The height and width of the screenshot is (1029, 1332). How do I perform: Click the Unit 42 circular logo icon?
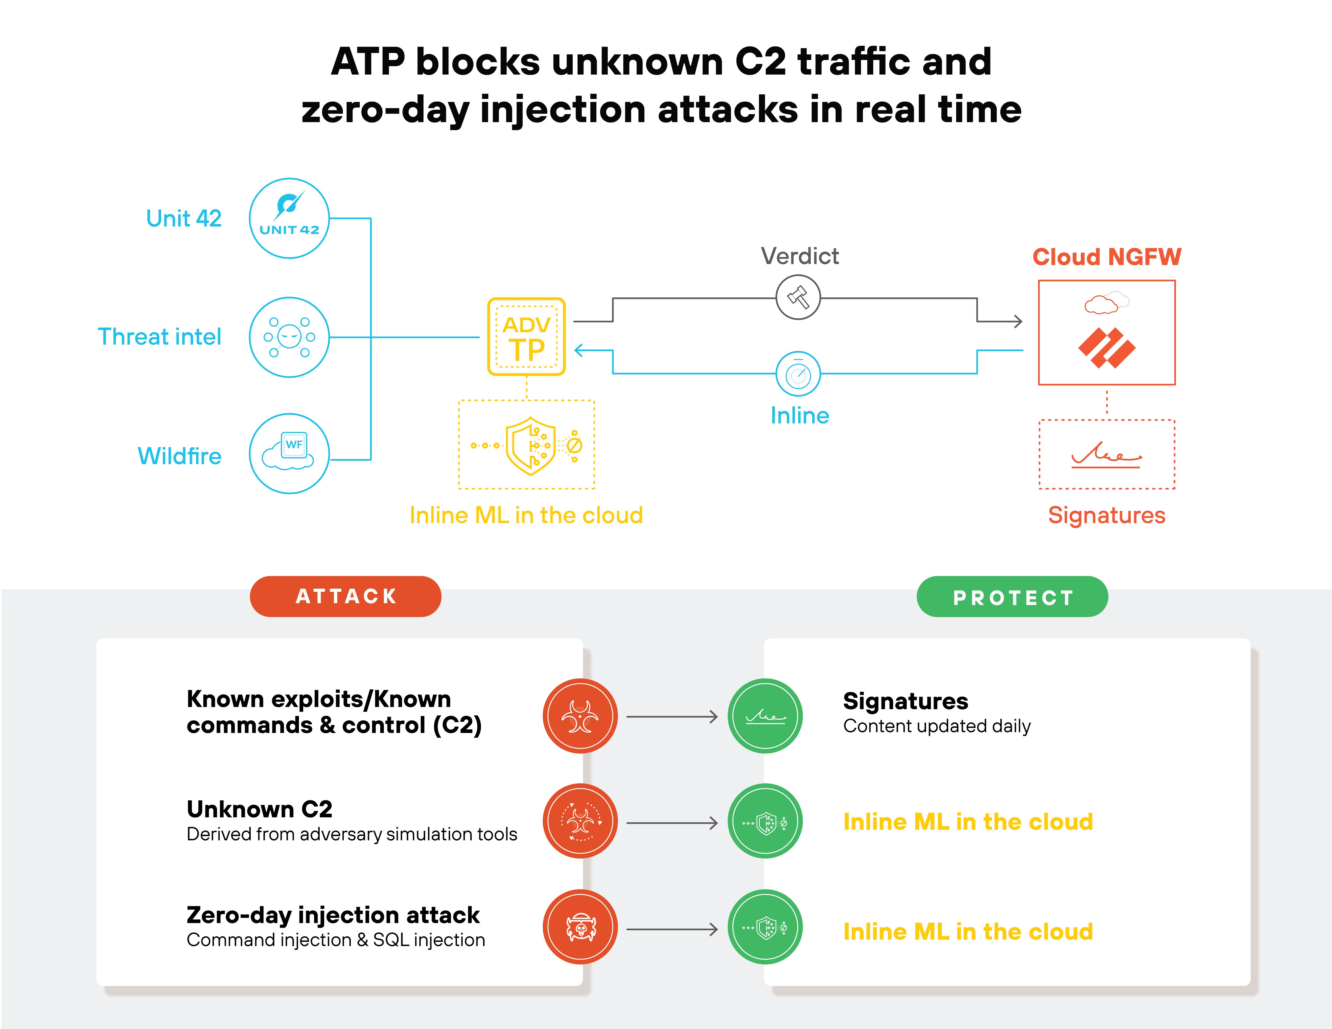tap(289, 218)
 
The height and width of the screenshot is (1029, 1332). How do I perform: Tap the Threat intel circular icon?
tap(289, 337)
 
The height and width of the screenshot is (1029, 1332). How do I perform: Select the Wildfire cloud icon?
tap(289, 453)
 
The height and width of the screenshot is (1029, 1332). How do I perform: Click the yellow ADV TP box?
tap(526, 336)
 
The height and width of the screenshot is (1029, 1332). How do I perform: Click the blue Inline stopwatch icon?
tap(798, 374)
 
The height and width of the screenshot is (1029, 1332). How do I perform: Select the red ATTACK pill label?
tap(345, 596)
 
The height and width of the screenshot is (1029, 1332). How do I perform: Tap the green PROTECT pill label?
tap(1012, 597)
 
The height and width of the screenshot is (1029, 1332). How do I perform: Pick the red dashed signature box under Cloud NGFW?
tap(1106, 454)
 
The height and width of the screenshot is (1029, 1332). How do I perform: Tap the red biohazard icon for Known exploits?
tap(580, 716)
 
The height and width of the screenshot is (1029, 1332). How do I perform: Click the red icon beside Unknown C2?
tap(580, 821)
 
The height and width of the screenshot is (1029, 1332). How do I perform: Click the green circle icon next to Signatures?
tap(765, 716)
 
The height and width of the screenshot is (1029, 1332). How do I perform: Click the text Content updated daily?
tap(937, 726)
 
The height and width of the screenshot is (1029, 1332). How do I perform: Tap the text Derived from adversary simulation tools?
tap(352, 834)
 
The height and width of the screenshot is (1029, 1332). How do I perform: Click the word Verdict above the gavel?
tap(799, 256)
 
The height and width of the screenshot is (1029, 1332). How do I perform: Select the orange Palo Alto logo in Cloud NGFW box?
tap(1106, 348)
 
